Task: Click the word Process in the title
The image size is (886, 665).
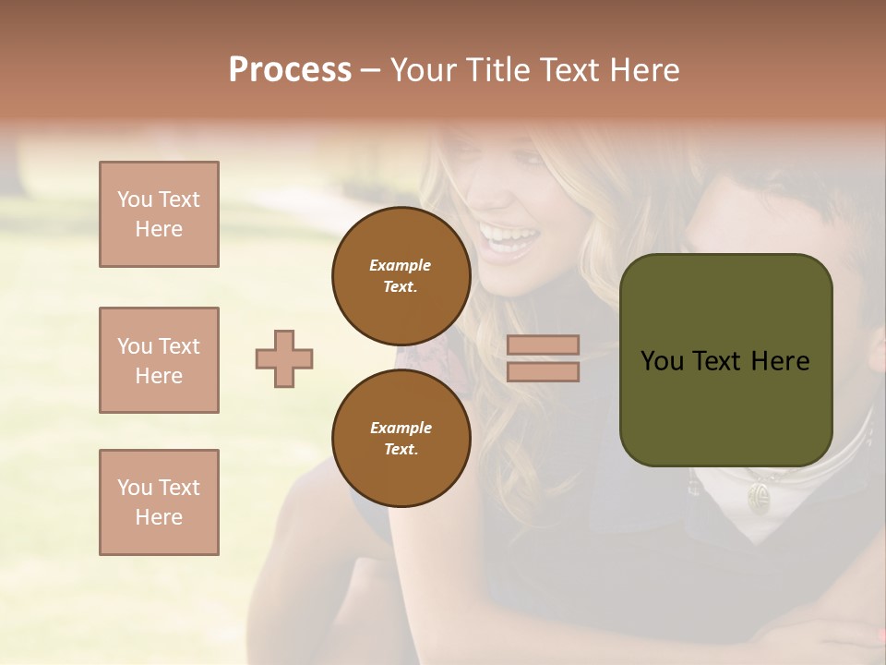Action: coord(290,70)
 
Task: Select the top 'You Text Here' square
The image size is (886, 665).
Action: coord(159,214)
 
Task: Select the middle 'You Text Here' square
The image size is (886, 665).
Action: coord(159,360)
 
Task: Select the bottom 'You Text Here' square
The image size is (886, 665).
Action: coord(159,502)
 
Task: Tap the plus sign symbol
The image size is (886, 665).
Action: coord(284,358)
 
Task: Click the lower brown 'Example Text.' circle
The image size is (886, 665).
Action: coord(401,438)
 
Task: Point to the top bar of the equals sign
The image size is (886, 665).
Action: coord(543,345)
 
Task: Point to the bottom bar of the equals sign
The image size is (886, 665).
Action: coord(543,372)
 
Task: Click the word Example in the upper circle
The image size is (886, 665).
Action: coord(401,265)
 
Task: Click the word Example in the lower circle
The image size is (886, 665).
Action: coord(401,428)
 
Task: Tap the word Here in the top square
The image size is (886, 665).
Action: coord(159,229)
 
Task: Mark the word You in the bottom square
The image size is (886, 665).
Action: coord(134,488)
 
